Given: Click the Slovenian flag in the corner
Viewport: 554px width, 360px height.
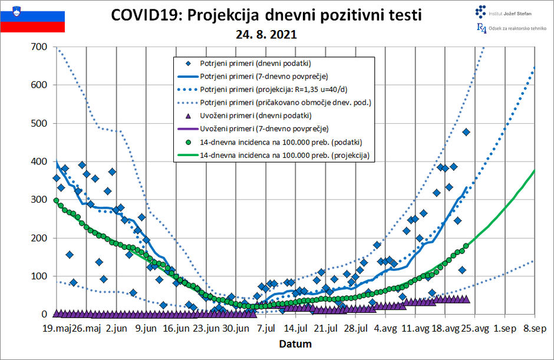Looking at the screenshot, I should point(32,17).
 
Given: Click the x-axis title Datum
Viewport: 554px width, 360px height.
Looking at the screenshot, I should point(295,344).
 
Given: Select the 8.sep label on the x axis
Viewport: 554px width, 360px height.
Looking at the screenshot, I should point(533,328).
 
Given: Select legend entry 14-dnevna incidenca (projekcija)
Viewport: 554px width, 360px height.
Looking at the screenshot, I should point(285,156).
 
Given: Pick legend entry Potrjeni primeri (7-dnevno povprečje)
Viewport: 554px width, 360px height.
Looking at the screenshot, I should point(263,76).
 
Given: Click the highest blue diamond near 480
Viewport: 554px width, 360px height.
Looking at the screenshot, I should point(466,132).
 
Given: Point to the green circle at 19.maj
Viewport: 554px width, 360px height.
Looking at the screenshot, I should point(57,200).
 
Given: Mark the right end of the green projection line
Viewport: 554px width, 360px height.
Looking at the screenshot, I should point(533,170).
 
